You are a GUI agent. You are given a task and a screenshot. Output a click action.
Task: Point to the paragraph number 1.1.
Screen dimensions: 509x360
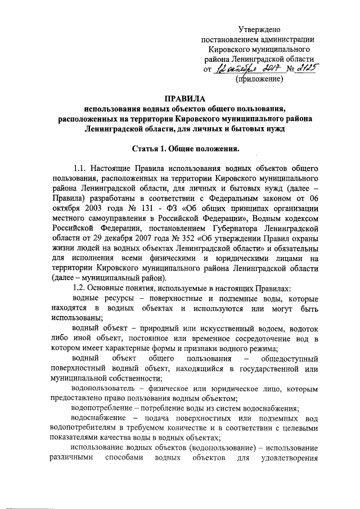pos(81,169)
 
